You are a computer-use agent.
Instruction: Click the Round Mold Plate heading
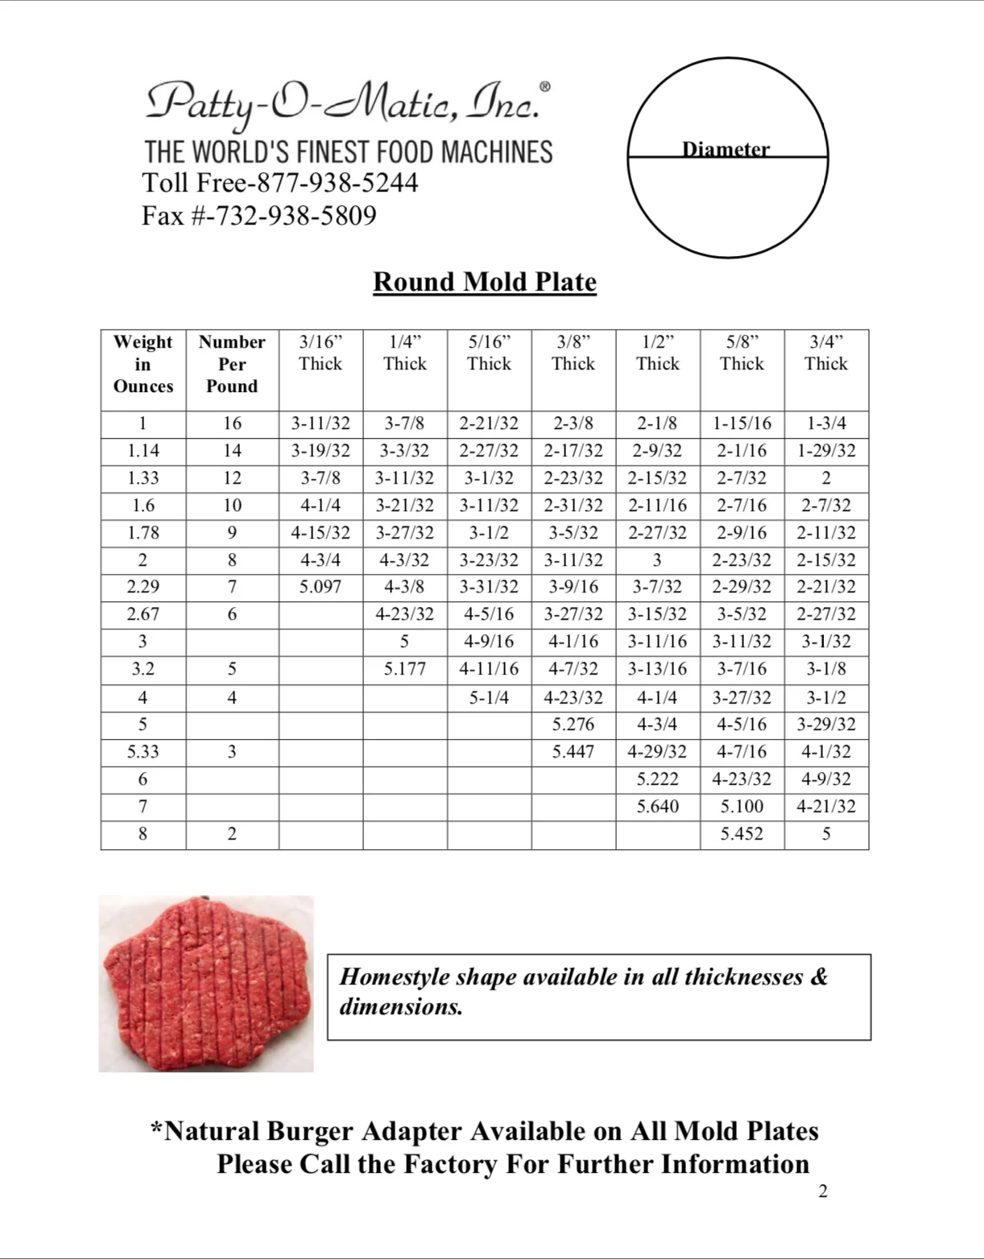tap(484, 282)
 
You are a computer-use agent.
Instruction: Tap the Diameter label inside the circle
tap(726, 149)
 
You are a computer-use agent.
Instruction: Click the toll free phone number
tap(280, 183)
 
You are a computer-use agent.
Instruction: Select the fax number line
tap(258, 216)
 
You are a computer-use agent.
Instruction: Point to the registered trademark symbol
tap(545, 87)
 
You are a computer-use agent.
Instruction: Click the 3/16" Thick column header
tap(320, 353)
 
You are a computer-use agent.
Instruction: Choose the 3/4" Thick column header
tap(826, 353)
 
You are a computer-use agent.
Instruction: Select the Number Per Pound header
tap(232, 364)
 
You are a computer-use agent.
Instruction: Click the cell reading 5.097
tap(320, 587)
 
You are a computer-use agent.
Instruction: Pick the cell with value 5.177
tap(404, 669)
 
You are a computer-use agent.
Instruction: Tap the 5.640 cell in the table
tap(657, 807)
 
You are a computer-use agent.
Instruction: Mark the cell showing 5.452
tap(742, 834)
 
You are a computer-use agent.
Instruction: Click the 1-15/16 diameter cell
tap(742, 423)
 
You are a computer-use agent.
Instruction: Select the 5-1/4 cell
tap(489, 698)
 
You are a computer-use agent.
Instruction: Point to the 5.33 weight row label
tap(143, 752)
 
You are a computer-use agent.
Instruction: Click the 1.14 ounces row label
tap(143, 451)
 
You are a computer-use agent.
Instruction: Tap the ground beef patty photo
tap(205, 983)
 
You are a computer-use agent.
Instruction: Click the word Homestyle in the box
tap(395, 976)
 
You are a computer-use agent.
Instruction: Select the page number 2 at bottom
tap(823, 1191)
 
